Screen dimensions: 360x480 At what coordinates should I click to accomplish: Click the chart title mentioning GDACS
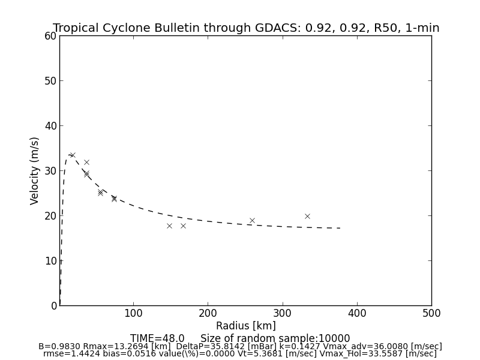coord(246,28)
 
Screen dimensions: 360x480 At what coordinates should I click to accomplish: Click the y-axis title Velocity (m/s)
coord(35,170)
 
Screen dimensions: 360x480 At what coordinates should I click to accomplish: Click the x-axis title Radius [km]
coord(246,326)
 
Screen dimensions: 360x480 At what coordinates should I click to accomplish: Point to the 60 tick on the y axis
coord(50,36)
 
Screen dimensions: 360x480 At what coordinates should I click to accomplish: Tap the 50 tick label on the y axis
coord(50,81)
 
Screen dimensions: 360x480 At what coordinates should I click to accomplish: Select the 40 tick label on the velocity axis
coord(50,126)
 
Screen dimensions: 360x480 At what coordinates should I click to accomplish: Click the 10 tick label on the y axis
coord(50,261)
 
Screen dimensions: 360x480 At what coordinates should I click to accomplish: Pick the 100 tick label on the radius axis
coord(133,313)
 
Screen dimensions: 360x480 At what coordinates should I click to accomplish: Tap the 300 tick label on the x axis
coord(283,313)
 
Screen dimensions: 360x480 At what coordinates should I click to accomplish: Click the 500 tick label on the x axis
coord(431,313)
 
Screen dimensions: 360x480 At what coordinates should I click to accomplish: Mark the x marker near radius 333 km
coord(307,216)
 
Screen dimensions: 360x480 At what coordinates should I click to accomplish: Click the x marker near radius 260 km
coord(252,220)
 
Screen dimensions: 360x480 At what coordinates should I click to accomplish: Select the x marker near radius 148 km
coord(169,226)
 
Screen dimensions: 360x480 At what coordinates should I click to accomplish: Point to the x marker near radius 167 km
coord(183,226)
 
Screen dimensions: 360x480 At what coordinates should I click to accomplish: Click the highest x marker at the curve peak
coord(72,155)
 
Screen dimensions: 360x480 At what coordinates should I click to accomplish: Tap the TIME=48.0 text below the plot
coord(157,338)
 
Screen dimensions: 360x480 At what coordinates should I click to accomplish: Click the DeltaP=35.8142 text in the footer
coord(215,346)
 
